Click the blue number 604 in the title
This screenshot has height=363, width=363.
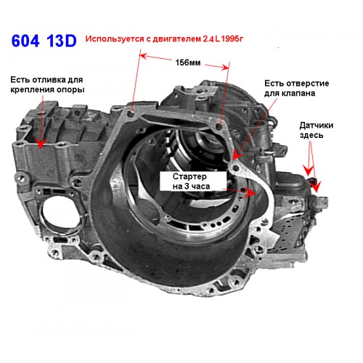[25, 41]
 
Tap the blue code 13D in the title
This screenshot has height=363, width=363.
[62, 41]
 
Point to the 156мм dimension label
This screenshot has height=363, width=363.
[188, 62]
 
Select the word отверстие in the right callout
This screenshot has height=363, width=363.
[306, 83]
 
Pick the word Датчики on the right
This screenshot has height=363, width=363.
[316, 126]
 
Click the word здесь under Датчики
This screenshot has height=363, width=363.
[311, 135]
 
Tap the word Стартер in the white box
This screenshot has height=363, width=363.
[189, 176]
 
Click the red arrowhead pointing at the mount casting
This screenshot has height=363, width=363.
[41, 142]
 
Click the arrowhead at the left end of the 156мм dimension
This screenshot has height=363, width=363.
[143, 56]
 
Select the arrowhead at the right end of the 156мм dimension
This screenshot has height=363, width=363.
[224, 68]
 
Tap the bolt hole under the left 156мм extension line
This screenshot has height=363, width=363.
[131, 113]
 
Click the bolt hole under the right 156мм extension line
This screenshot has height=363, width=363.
[220, 126]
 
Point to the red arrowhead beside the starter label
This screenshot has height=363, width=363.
[249, 192]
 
